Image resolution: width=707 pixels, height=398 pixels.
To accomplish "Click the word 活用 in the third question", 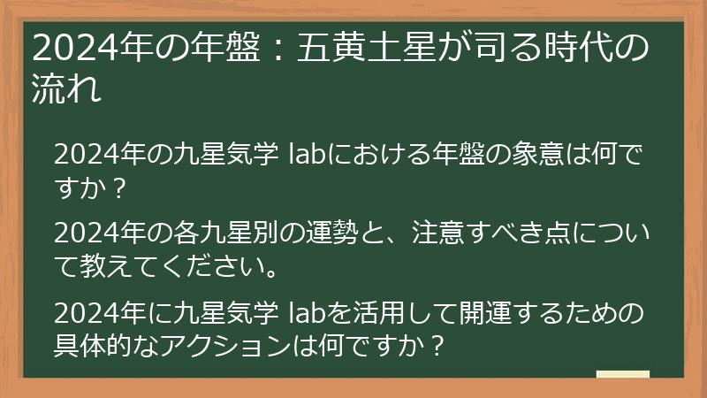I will (392, 312).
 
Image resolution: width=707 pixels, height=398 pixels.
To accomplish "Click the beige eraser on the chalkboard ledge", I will (622, 373).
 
